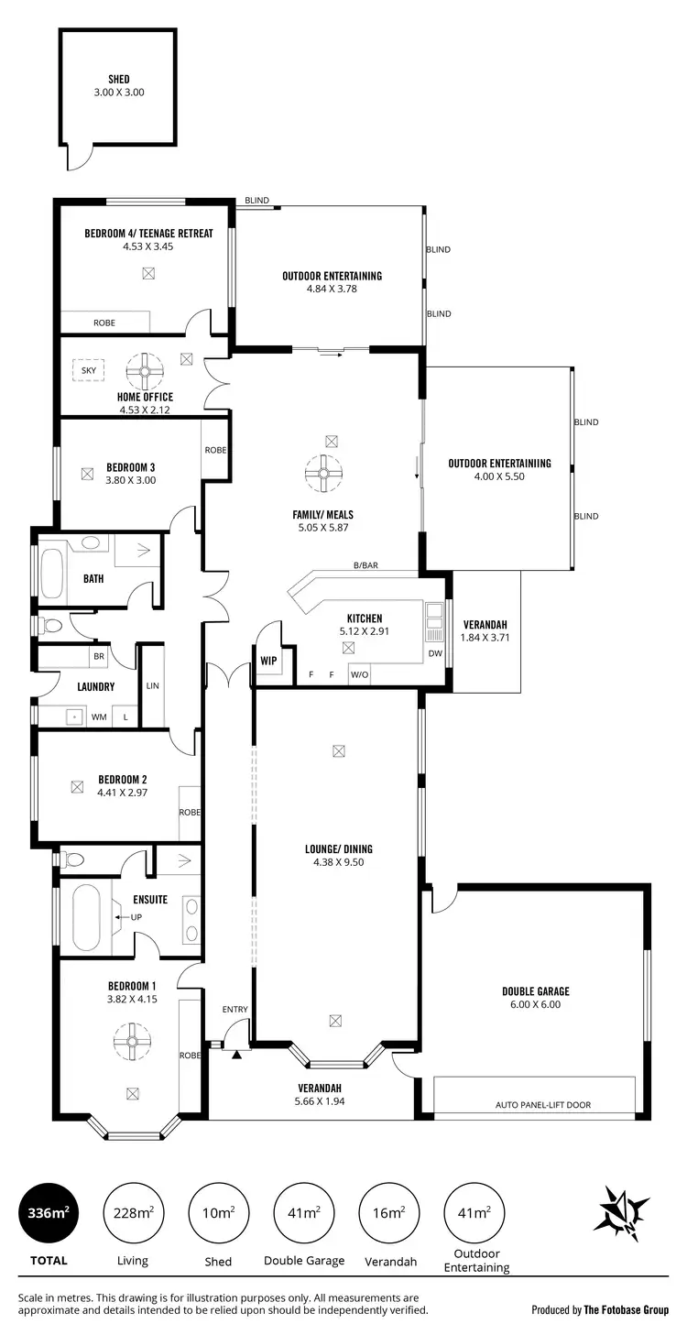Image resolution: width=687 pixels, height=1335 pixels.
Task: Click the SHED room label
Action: coord(119,80)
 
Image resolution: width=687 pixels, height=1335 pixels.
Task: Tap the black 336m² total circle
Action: coord(48,1213)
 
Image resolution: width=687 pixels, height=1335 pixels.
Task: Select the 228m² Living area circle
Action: coord(133,1213)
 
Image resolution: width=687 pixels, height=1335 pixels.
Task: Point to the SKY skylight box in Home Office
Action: coord(89,371)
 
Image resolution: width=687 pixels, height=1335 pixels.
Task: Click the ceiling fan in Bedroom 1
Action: coord(132,1040)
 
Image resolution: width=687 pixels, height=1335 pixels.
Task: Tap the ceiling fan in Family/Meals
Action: coord(323,472)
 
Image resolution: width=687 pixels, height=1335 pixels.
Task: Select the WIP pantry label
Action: coord(268,660)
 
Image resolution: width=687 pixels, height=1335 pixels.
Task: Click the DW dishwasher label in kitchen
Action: coord(435,653)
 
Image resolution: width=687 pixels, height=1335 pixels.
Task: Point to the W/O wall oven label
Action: coord(359,675)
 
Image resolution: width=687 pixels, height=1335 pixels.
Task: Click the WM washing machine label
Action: coord(98,717)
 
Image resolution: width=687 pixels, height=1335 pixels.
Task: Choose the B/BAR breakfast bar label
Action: coord(365,565)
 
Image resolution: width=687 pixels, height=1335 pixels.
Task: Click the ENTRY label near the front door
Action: coord(235,1010)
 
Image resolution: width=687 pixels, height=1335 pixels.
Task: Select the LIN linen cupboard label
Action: coord(153,685)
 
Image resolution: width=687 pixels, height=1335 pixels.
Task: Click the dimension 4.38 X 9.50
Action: coord(339,862)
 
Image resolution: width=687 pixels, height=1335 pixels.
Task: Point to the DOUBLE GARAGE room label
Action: coord(536,991)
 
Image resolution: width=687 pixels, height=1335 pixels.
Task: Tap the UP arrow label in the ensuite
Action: coord(136,916)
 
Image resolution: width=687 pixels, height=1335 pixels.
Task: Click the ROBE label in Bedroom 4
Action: coord(104,323)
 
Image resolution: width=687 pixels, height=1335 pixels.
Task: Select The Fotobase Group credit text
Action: coord(627,1310)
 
